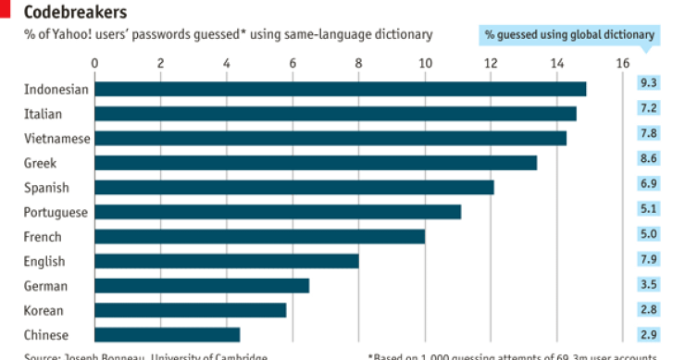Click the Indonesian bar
point(340,89)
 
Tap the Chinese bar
point(168,335)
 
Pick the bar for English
point(227,261)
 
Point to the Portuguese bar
point(278,212)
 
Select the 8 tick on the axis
point(359,63)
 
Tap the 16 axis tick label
point(622,63)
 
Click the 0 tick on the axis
point(94,63)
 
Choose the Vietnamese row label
point(57,138)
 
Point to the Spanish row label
point(47,187)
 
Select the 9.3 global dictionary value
point(648,83)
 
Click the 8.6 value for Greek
point(648,158)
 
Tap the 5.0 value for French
point(648,234)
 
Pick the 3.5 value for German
point(648,284)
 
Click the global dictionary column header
point(570,35)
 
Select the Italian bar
point(335,113)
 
